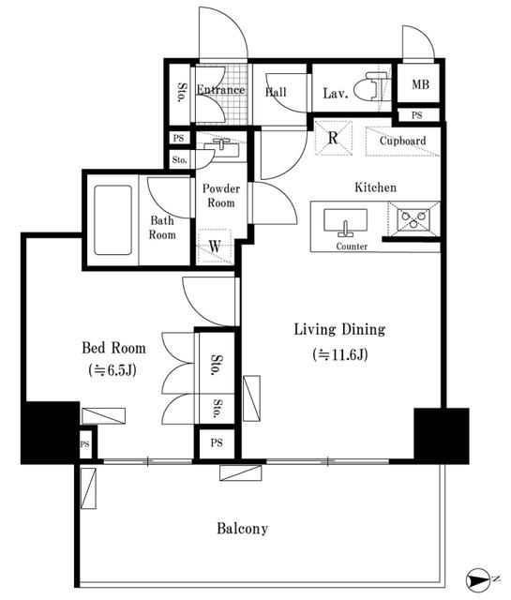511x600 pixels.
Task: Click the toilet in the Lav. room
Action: pyautogui.click(x=372, y=86)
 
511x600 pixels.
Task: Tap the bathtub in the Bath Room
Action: pyautogui.click(x=113, y=220)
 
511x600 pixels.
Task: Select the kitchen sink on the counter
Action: pyautogui.click(x=345, y=222)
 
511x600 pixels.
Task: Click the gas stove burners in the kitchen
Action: pyautogui.click(x=413, y=219)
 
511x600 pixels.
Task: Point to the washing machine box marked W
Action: pyautogui.click(x=215, y=246)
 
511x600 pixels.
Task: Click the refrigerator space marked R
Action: pyautogui.click(x=334, y=138)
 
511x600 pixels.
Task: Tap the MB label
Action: pyautogui.click(x=420, y=84)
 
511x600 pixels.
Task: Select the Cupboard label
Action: pyautogui.click(x=402, y=141)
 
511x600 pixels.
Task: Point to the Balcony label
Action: pyautogui.click(x=242, y=529)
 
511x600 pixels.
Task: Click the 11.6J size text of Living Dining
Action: pyautogui.click(x=340, y=354)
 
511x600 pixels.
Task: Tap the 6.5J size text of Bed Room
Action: pyautogui.click(x=113, y=370)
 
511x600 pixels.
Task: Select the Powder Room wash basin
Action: pyautogui.click(x=221, y=147)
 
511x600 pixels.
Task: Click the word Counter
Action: pyautogui.click(x=352, y=247)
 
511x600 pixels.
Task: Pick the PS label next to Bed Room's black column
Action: pyautogui.click(x=84, y=443)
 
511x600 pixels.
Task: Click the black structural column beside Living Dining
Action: pyautogui.click(x=442, y=436)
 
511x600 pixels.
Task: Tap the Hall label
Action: pyautogui.click(x=276, y=92)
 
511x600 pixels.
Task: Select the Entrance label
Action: pyautogui.click(x=220, y=90)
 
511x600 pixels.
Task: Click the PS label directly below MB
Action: pyautogui.click(x=417, y=115)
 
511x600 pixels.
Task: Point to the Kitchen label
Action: pyautogui.click(x=375, y=187)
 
